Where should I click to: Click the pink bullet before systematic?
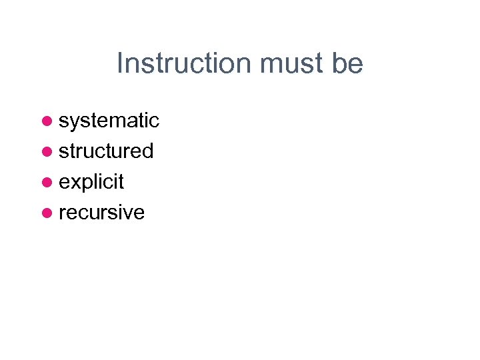tap(47, 121)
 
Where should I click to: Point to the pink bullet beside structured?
tap(47, 151)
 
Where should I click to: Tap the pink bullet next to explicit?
tap(47, 182)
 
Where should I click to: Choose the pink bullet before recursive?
tap(47, 213)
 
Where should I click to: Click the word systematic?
tap(109, 121)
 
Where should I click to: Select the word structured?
tap(106, 151)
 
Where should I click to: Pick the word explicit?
tap(91, 182)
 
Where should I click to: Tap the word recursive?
tap(101, 213)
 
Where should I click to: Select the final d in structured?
tap(148, 151)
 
